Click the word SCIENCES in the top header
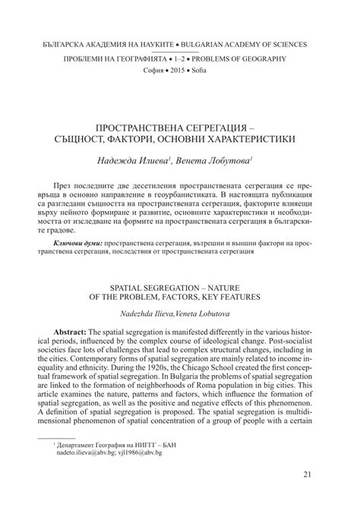[287, 45]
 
